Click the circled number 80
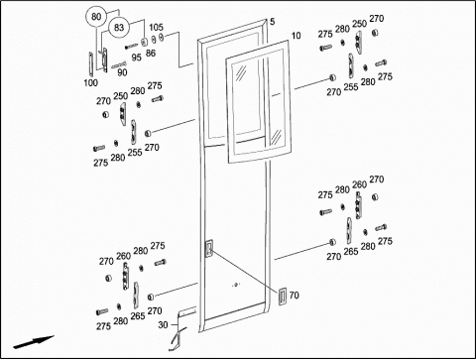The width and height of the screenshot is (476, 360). pos(96,17)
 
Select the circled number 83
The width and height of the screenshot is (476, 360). pos(119,28)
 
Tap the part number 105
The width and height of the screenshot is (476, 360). pos(156,27)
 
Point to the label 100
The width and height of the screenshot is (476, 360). pos(90,82)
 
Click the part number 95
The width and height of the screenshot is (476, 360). pos(136,58)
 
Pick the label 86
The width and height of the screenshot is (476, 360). pos(151,54)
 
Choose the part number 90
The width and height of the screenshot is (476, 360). pos(122,72)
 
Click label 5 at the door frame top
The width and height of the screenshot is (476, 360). pos(272,22)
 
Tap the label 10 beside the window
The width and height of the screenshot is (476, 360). pos(296,36)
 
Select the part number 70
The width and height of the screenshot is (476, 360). pos(294,295)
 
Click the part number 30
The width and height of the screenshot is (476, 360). pos(163,325)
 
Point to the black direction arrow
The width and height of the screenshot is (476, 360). pos(34,342)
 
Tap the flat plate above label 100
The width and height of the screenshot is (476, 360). pos(91,64)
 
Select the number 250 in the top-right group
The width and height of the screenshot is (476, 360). pos(359,24)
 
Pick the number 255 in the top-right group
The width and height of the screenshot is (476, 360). pos(351,87)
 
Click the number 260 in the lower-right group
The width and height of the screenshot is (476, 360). pos(359,184)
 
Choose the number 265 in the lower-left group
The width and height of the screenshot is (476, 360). pos(138,316)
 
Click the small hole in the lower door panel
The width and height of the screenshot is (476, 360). pos(236,285)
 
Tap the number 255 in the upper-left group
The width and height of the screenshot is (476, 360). pos(135,152)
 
